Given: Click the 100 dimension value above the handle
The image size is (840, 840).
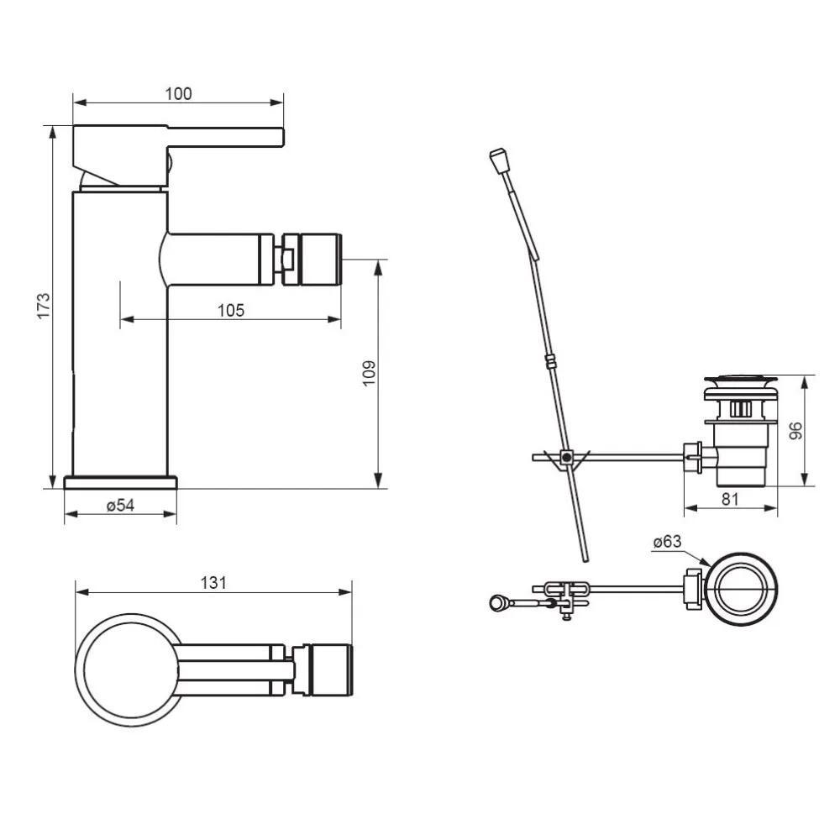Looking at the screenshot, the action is [178, 94].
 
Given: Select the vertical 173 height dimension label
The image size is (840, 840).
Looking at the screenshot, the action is [44, 306].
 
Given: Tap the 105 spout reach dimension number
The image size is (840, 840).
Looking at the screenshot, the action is [231, 310].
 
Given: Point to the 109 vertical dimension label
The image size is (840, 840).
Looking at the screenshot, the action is [369, 374].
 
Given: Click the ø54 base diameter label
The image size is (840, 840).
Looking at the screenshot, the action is [120, 505].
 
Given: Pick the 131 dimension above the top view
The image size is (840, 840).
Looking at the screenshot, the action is [213, 583].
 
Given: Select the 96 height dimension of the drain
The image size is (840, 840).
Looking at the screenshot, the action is [796, 431].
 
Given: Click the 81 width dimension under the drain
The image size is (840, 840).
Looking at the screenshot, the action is [730, 499].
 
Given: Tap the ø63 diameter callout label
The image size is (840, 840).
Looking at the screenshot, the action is [668, 542].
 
